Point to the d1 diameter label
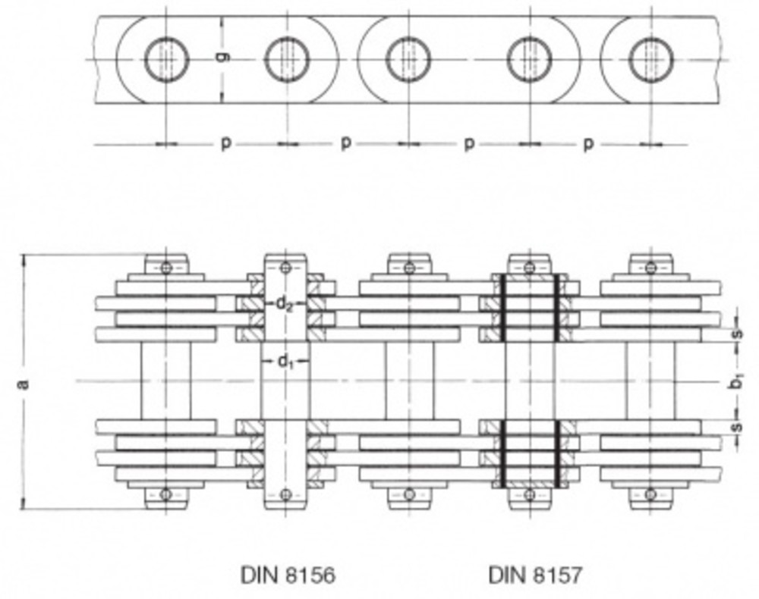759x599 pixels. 285,362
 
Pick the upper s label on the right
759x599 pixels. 735,333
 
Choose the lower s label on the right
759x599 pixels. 735,428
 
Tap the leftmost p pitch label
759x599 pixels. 225,143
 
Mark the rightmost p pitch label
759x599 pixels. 588,143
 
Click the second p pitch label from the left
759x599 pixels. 346,143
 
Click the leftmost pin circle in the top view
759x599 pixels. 166,59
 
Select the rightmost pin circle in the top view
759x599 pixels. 650,59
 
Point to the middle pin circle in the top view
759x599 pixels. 408,59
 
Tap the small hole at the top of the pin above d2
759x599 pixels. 285,268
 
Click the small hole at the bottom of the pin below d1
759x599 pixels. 285,494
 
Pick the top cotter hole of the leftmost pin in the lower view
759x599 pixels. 166,268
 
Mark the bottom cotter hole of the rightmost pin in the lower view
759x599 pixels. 650,494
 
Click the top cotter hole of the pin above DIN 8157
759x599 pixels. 529,268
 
